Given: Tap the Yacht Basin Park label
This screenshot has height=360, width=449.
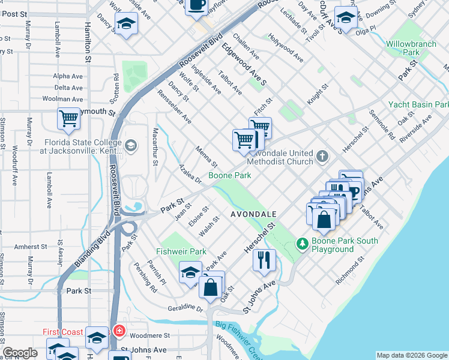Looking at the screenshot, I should click(418, 104).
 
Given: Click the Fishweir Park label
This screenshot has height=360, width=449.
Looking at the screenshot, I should click(181, 251).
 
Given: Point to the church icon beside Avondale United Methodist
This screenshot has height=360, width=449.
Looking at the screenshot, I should click(323, 157).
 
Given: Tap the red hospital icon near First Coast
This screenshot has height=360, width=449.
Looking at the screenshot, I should click(119, 331).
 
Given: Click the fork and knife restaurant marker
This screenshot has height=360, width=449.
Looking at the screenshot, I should click(265, 259).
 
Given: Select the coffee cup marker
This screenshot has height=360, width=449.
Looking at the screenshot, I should click(196, 5).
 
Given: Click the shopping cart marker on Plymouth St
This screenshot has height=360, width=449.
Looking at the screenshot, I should click(68, 118).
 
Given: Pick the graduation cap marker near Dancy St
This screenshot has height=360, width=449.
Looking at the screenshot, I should click(126, 23).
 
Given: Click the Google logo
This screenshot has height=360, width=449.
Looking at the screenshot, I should click(19, 353).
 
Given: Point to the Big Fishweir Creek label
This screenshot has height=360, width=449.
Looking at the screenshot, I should click(238, 337).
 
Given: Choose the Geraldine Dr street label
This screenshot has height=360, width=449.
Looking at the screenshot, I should click(187, 308).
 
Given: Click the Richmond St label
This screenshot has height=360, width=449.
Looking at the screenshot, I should click(349, 269).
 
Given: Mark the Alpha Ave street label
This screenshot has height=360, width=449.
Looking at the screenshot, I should click(68, 76).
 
